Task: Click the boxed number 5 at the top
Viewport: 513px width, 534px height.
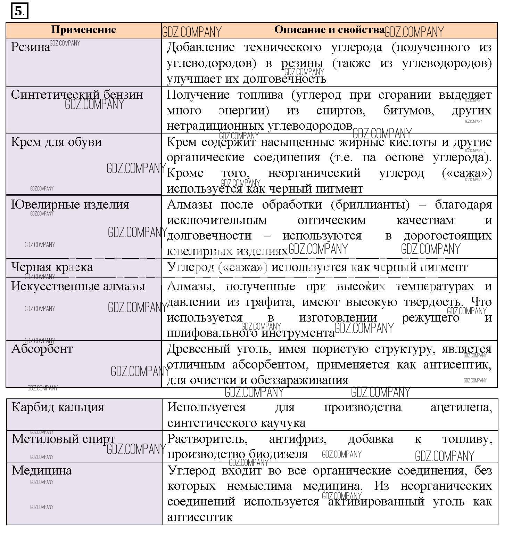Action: (x=19, y=11)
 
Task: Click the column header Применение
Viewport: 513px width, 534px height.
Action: (x=83, y=30)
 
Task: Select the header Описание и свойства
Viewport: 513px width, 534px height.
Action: (x=329, y=30)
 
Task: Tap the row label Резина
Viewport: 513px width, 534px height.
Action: (x=31, y=47)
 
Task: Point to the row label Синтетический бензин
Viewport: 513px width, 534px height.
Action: (x=77, y=95)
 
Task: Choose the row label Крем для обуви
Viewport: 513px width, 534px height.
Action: (x=56, y=142)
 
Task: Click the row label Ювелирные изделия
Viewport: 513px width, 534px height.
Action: (x=70, y=204)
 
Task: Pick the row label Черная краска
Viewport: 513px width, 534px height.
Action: (x=52, y=267)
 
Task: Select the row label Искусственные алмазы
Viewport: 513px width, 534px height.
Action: (x=78, y=286)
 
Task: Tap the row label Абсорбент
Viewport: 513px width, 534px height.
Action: (x=42, y=349)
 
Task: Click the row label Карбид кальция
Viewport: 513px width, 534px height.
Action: (x=58, y=407)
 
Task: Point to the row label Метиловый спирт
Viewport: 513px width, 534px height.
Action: (x=63, y=439)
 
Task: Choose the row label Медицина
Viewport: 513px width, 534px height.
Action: (x=42, y=470)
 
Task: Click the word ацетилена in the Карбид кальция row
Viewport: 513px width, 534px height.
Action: (x=461, y=407)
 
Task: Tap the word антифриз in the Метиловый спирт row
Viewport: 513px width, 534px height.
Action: (x=298, y=439)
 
